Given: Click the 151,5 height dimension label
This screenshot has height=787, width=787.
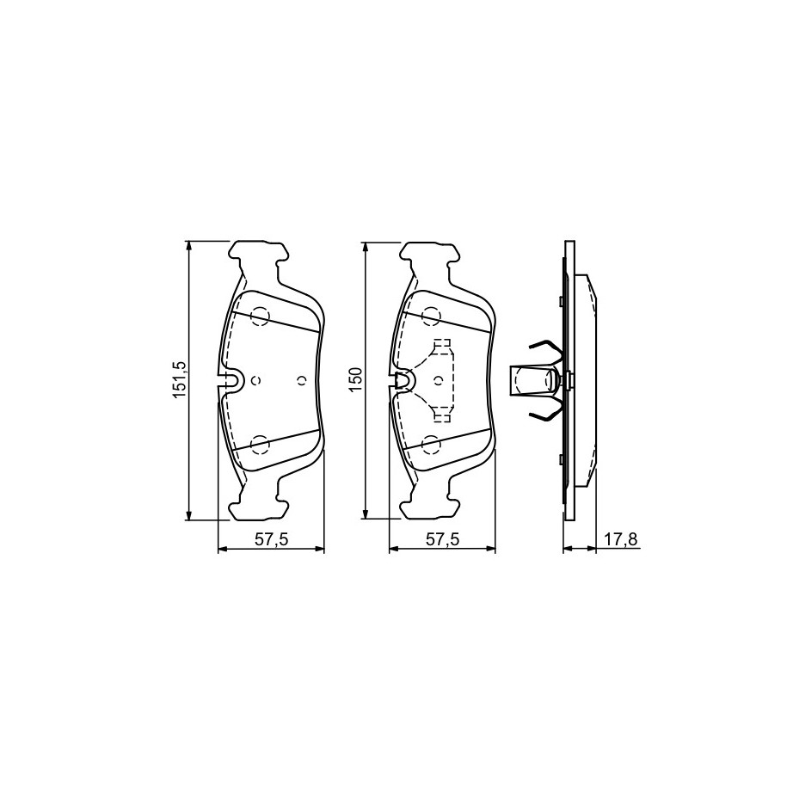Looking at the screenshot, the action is click(180, 380).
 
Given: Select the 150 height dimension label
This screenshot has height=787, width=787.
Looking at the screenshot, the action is click(355, 380).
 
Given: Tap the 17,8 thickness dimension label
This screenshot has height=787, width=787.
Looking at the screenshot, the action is click(620, 539).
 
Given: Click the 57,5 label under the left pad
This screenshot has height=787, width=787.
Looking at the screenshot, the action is click(272, 539).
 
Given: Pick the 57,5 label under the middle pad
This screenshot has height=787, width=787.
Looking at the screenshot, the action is click(443, 539).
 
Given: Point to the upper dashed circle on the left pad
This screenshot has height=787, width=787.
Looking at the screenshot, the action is click(261, 317).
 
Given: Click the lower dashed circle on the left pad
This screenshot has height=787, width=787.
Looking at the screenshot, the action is click(261, 444).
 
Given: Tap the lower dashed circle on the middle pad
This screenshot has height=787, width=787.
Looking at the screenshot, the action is click(431, 444).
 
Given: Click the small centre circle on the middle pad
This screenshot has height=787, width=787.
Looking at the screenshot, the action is click(438, 380).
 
